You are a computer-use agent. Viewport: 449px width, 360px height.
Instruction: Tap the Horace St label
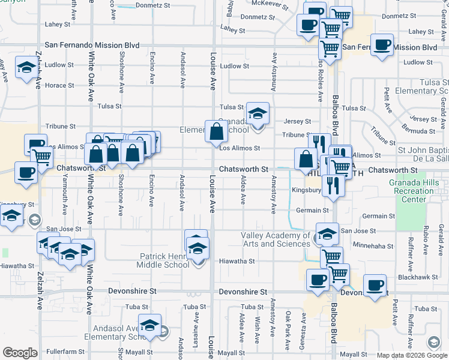tap(59, 85)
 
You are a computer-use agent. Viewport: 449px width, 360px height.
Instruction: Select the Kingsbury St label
tap(306, 190)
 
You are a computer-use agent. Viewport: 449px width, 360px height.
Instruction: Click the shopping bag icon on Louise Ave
tap(215, 131)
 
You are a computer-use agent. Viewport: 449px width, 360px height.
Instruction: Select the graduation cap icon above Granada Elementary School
tap(258, 113)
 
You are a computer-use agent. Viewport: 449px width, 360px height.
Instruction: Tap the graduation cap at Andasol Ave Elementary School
tap(149, 325)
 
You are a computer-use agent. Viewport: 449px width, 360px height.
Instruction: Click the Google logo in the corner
tap(20, 353)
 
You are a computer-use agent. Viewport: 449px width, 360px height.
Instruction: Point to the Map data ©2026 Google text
tap(411, 355)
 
